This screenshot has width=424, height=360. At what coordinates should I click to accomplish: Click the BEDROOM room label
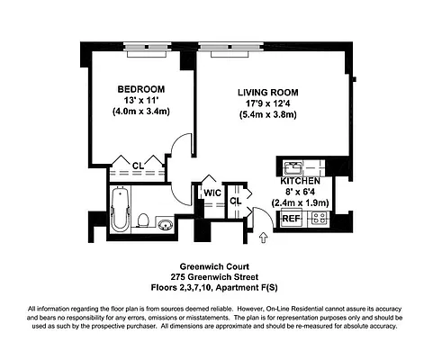(140, 88)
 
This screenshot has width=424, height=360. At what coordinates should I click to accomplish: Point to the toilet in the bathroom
(143, 220)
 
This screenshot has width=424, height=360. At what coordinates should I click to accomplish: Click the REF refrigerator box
(291, 219)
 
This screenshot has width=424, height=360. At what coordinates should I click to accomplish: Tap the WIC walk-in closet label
(212, 193)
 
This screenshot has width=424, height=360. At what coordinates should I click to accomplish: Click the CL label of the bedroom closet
(138, 165)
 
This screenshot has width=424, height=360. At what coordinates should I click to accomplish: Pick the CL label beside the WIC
(235, 202)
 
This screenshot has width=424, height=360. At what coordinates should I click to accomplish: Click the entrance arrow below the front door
(263, 238)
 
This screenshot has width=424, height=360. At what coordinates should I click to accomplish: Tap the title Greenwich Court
(212, 266)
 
